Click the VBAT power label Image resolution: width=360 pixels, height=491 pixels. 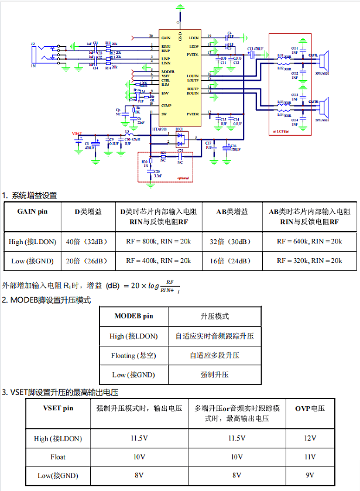click(77, 133)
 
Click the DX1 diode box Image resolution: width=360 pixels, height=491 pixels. click(179, 138)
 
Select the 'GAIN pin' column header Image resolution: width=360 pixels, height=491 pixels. click(32, 211)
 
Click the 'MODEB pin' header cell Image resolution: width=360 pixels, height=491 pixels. click(133, 316)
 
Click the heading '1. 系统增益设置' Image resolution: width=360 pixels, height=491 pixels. click(29, 195)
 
